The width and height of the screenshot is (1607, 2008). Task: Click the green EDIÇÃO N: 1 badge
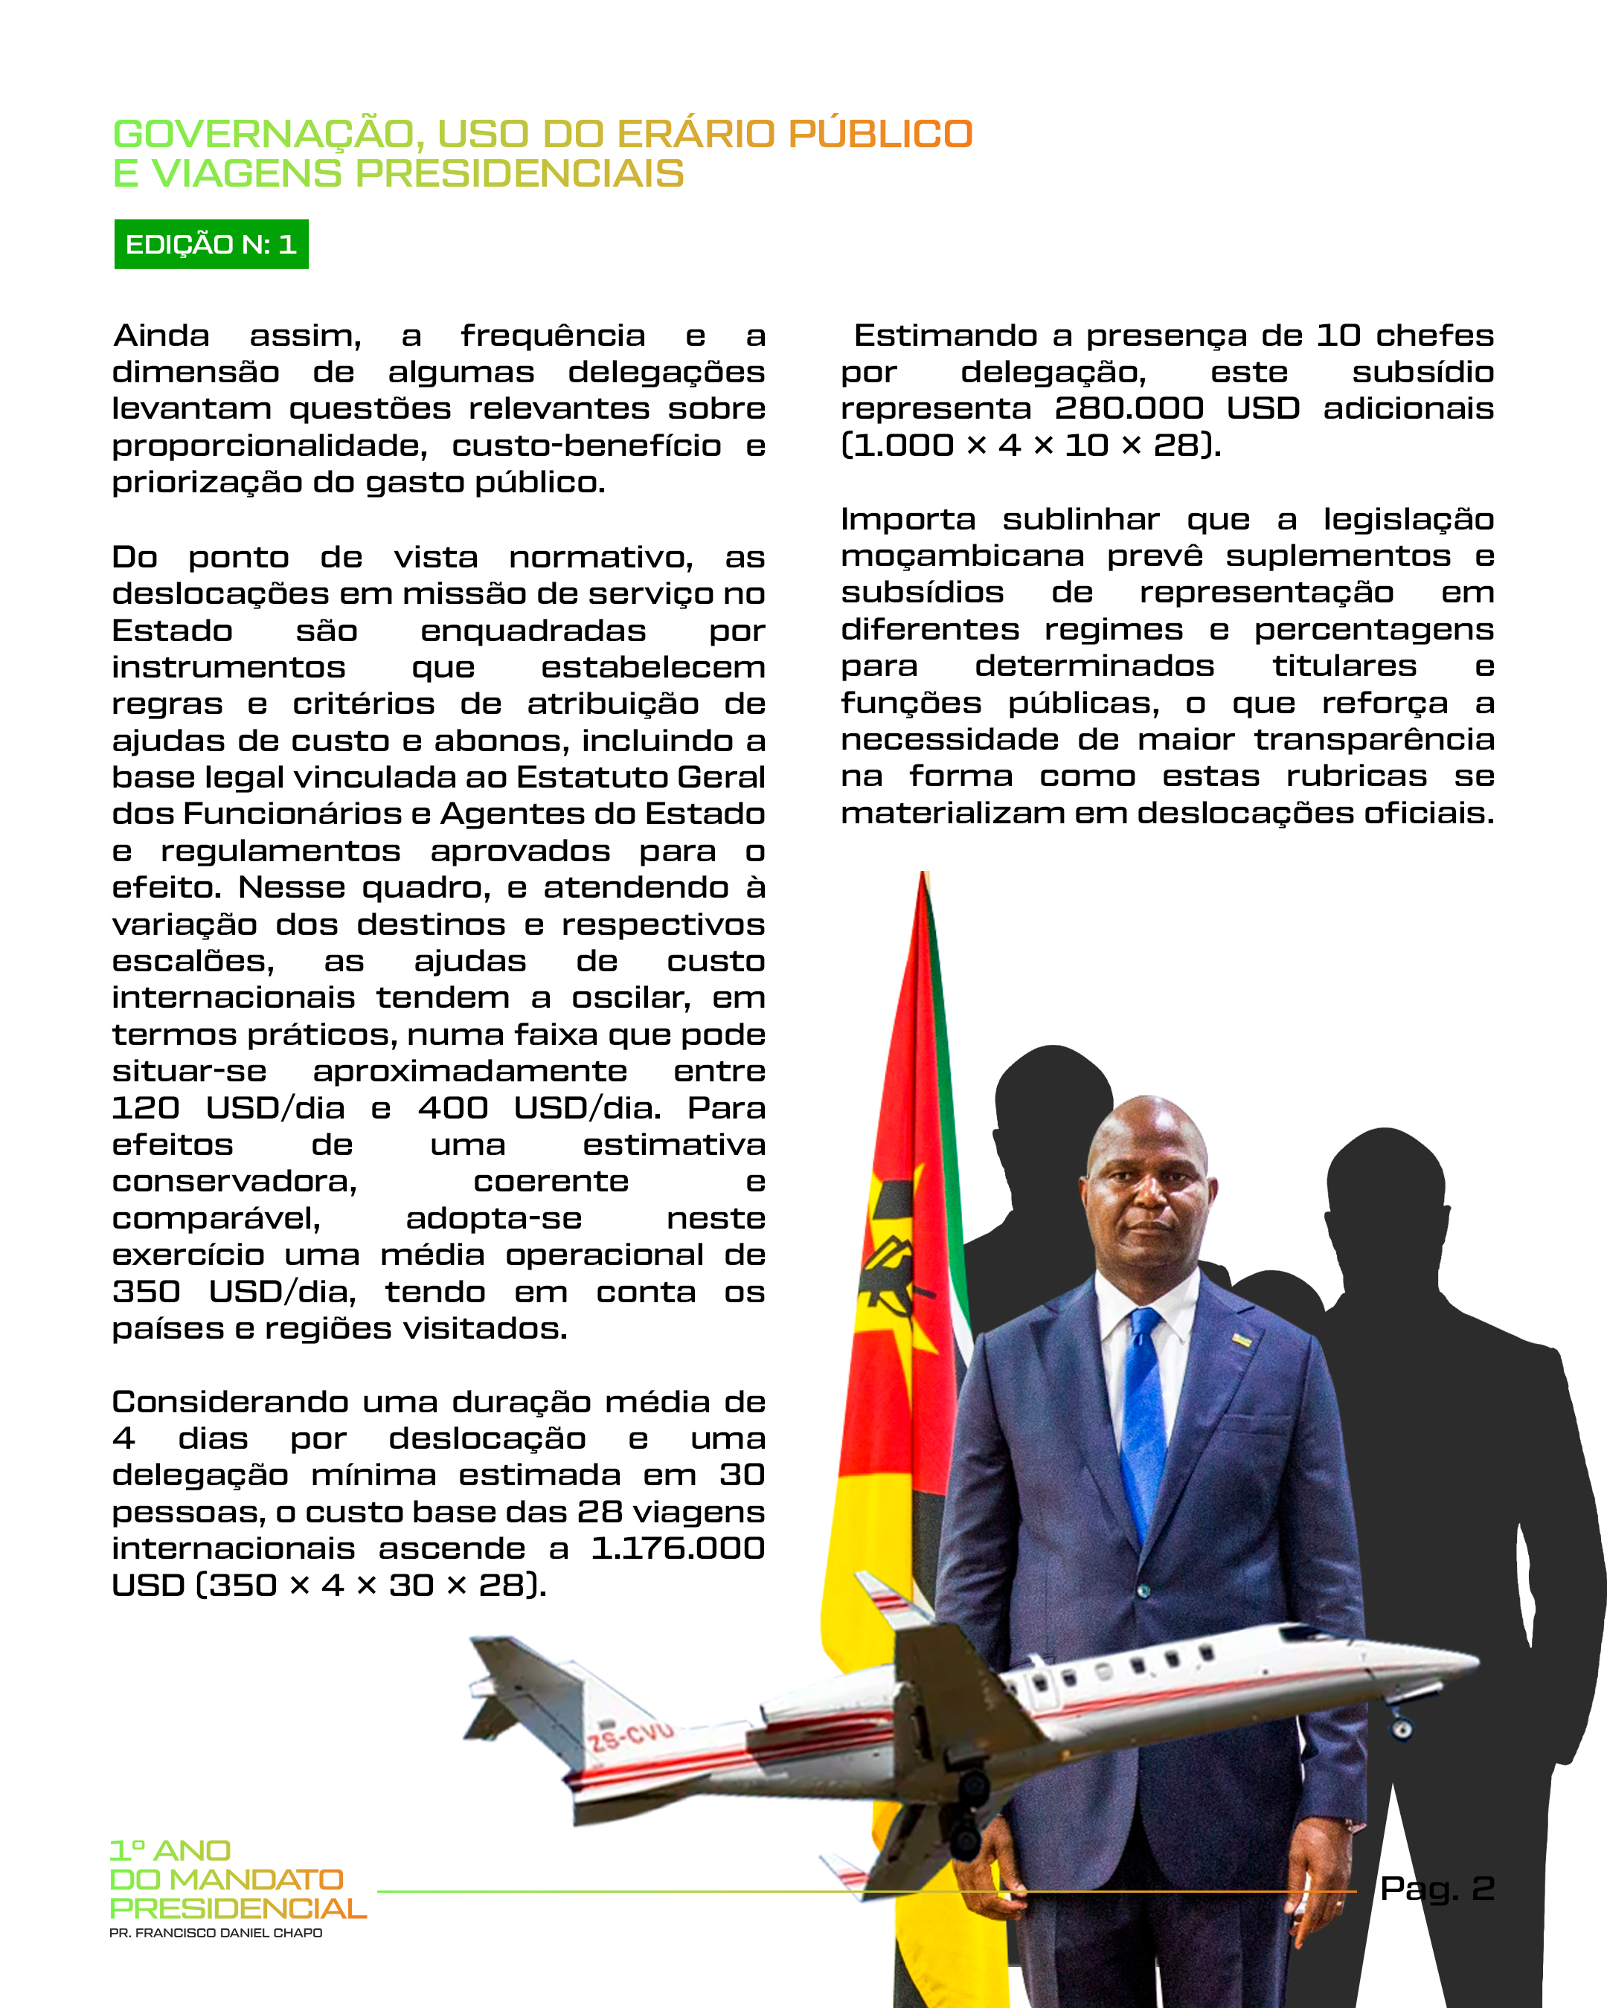pos(211,244)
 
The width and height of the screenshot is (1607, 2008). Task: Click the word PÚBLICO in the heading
pos(879,134)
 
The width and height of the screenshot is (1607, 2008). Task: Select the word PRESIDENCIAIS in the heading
pos(520,174)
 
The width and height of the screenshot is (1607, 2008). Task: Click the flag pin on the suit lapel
pos(1241,1339)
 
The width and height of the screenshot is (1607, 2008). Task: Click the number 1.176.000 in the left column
pos(677,1548)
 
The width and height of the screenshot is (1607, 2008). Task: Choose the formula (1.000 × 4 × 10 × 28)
pos(1030,445)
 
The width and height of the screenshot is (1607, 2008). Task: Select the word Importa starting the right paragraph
pos(908,519)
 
